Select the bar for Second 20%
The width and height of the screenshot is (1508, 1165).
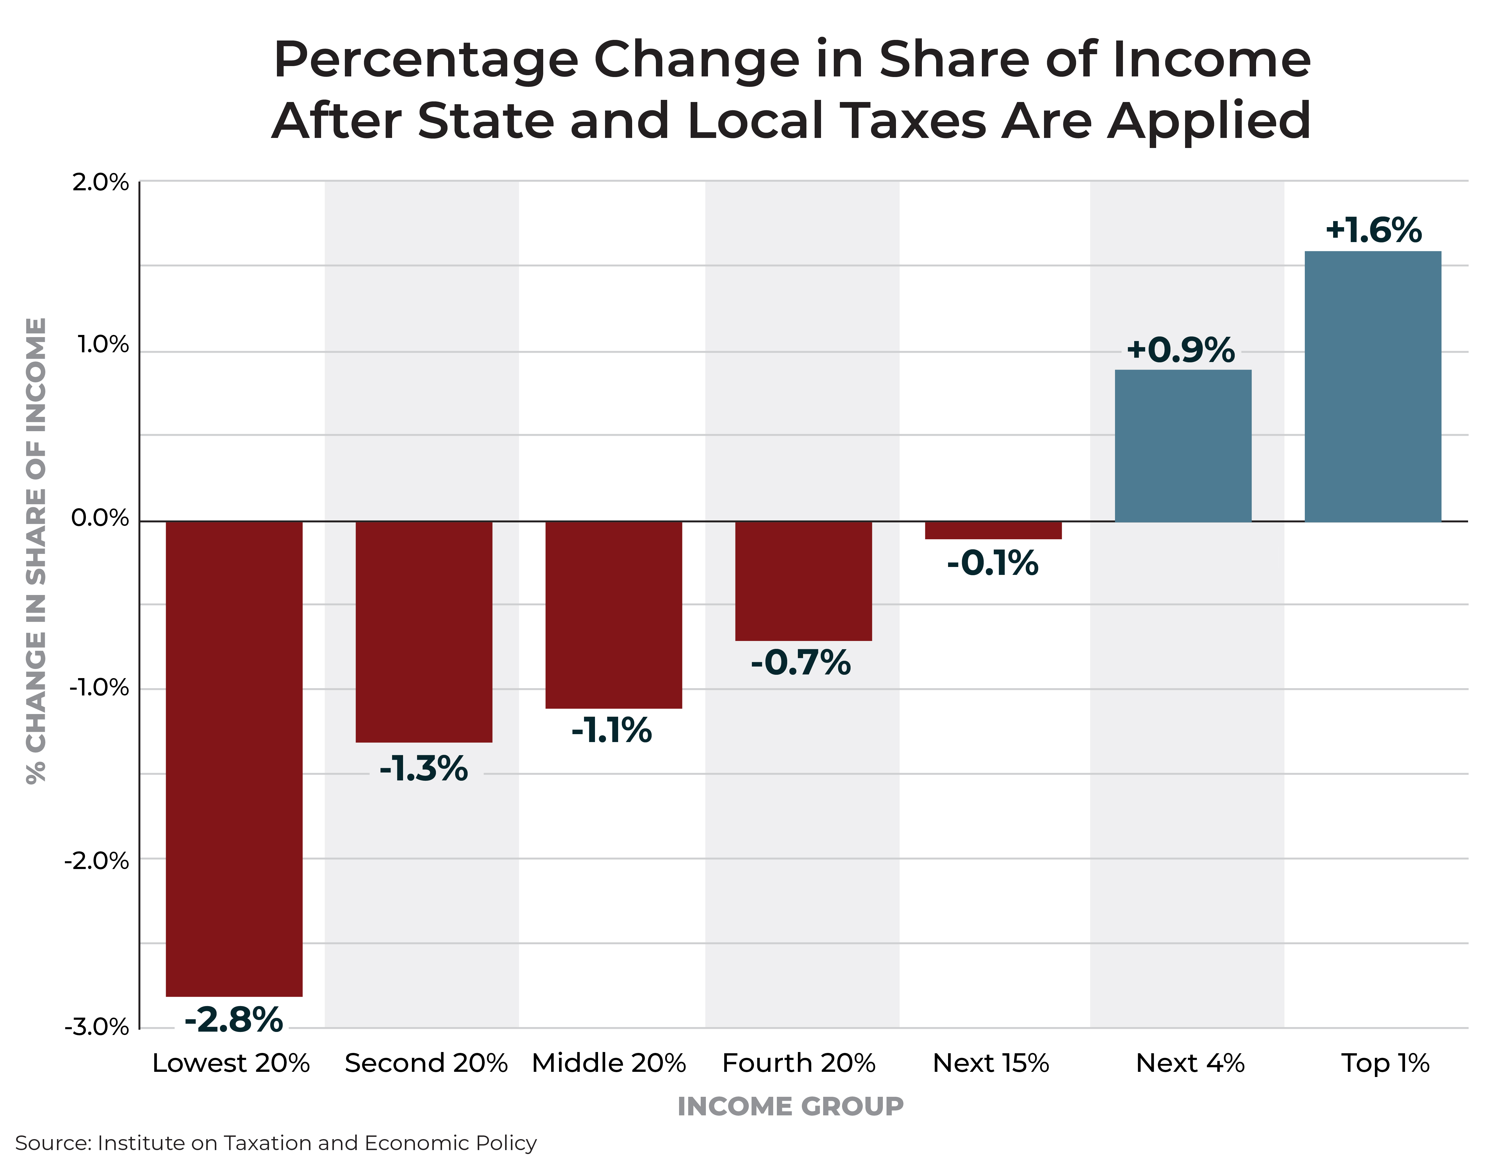tap(424, 632)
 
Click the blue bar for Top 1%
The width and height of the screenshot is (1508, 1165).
tap(1373, 386)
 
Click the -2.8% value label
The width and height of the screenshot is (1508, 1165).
tap(234, 1019)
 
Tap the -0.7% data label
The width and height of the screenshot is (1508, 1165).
tap(801, 663)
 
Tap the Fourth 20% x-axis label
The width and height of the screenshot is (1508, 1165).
tap(799, 1063)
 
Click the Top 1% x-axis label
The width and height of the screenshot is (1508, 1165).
tap(1385, 1063)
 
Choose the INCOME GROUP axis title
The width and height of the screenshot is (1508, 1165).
tap(791, 1106)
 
